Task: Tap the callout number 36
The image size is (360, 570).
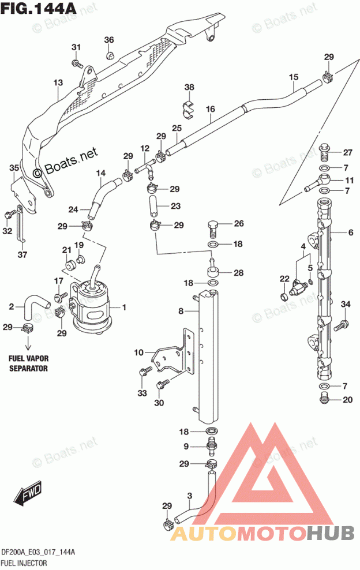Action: click(x=109, y=40)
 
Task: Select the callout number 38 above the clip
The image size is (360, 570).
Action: click(x=189, y=87)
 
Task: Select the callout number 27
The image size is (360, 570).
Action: click(x=348, y=152)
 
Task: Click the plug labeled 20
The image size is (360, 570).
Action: click(x=323, y=398)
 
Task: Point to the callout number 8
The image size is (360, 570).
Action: click(x=181, y=311)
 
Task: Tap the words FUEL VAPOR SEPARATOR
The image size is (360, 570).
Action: click(x=28, y=363)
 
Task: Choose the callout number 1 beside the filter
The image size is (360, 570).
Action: click(x=124, y=307)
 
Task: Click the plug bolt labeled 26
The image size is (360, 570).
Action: click(x=214, y=227)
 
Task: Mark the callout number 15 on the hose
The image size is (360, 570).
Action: click(x=294, y=77)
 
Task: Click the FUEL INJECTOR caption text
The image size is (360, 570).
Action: click(x=24, y=563)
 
